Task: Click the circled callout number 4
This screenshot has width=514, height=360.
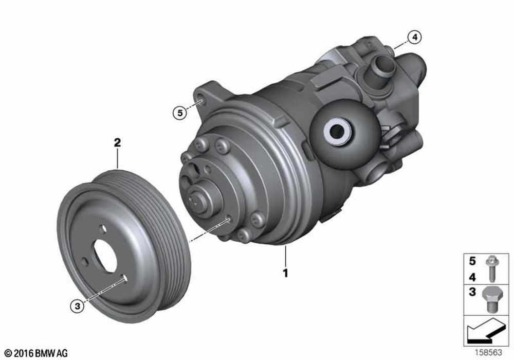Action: [x=415, y=38]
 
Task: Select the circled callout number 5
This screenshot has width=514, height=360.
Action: [x=179, y=113]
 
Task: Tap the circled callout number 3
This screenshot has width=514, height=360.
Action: [x=78, y=306]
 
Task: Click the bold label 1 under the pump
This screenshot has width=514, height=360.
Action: [x=285, y=273]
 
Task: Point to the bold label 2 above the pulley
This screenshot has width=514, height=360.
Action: [x=117, y=142]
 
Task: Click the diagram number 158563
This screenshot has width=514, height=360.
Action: [x=488, y=352]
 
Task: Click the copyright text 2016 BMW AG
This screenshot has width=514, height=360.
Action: [x=36, y=353]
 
